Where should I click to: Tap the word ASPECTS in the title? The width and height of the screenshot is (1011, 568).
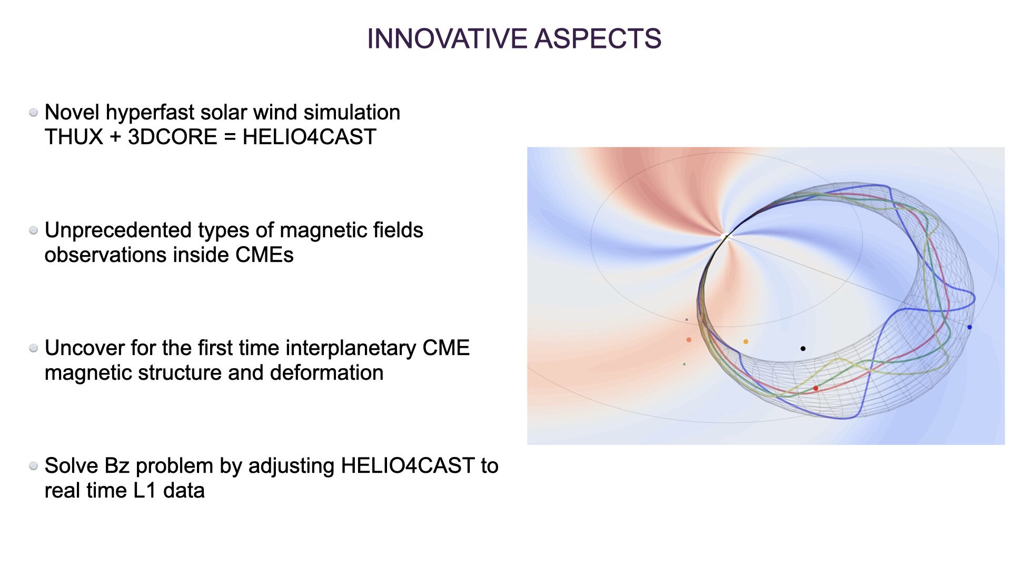598,39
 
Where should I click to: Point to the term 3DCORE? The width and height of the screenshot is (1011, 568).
172,137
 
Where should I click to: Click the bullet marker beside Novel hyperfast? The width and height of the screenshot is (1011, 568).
34,113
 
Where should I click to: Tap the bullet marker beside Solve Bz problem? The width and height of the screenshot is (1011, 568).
34,466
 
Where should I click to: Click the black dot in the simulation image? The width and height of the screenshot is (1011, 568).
803,348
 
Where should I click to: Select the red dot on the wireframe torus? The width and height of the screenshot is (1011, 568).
816,388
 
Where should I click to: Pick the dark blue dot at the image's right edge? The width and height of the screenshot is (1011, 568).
969,327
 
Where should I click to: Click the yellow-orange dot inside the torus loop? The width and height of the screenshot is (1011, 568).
746,342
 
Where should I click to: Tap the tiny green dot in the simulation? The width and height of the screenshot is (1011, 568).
684,364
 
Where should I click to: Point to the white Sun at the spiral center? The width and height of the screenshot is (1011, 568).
726,236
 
